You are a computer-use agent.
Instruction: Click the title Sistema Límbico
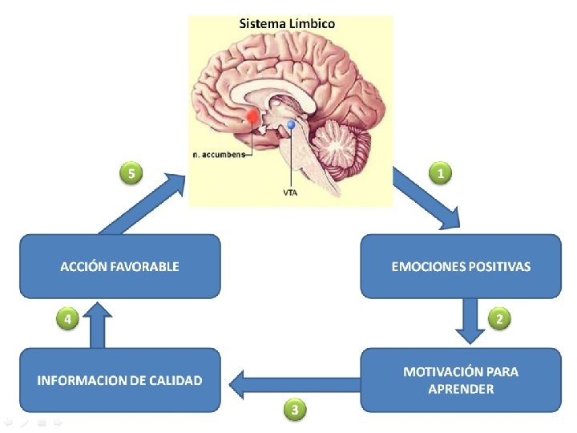click(x=288, y=23)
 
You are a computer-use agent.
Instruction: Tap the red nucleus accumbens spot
click(x=253, y=117)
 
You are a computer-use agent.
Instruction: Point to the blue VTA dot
click(x=292, y=125)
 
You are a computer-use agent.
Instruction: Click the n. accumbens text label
click(x=217, y=155)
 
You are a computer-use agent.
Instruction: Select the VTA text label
click(x=292, y=192)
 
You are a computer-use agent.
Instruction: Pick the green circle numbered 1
click(x=439, y=172)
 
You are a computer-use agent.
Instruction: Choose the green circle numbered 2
click(x=499, y=319)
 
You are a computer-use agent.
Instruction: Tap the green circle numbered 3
click(x=296, y=410)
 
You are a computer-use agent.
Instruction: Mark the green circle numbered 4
click(x=67, y=319)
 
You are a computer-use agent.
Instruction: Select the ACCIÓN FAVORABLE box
click(x=119, y=266)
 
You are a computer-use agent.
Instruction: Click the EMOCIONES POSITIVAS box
click(x=461, y=266)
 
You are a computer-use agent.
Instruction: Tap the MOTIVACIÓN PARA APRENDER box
click(x=461, y=380)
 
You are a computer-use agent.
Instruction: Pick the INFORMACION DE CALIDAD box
click(x=119, y=380)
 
